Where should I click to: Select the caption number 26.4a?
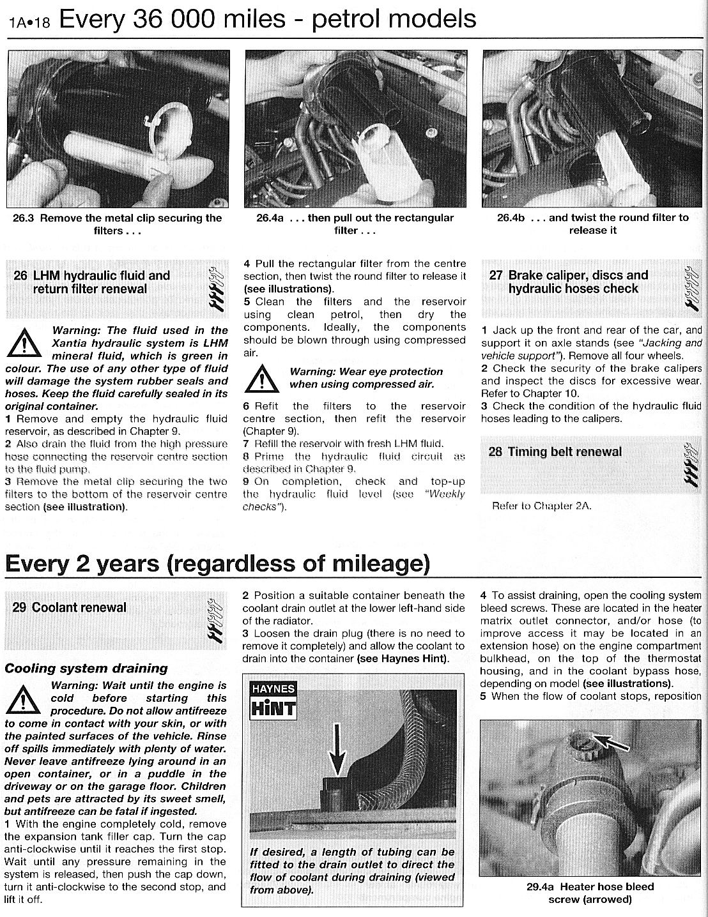click(270, 218)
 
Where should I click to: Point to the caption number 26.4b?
click(511, 218)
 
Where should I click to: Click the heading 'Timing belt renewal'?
click(564, 452)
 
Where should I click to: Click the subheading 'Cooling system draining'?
click(86, 669)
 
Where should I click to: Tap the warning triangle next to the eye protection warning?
click(262, 378)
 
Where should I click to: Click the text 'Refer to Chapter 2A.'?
click(542, 506)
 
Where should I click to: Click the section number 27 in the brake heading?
click(496, 275)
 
